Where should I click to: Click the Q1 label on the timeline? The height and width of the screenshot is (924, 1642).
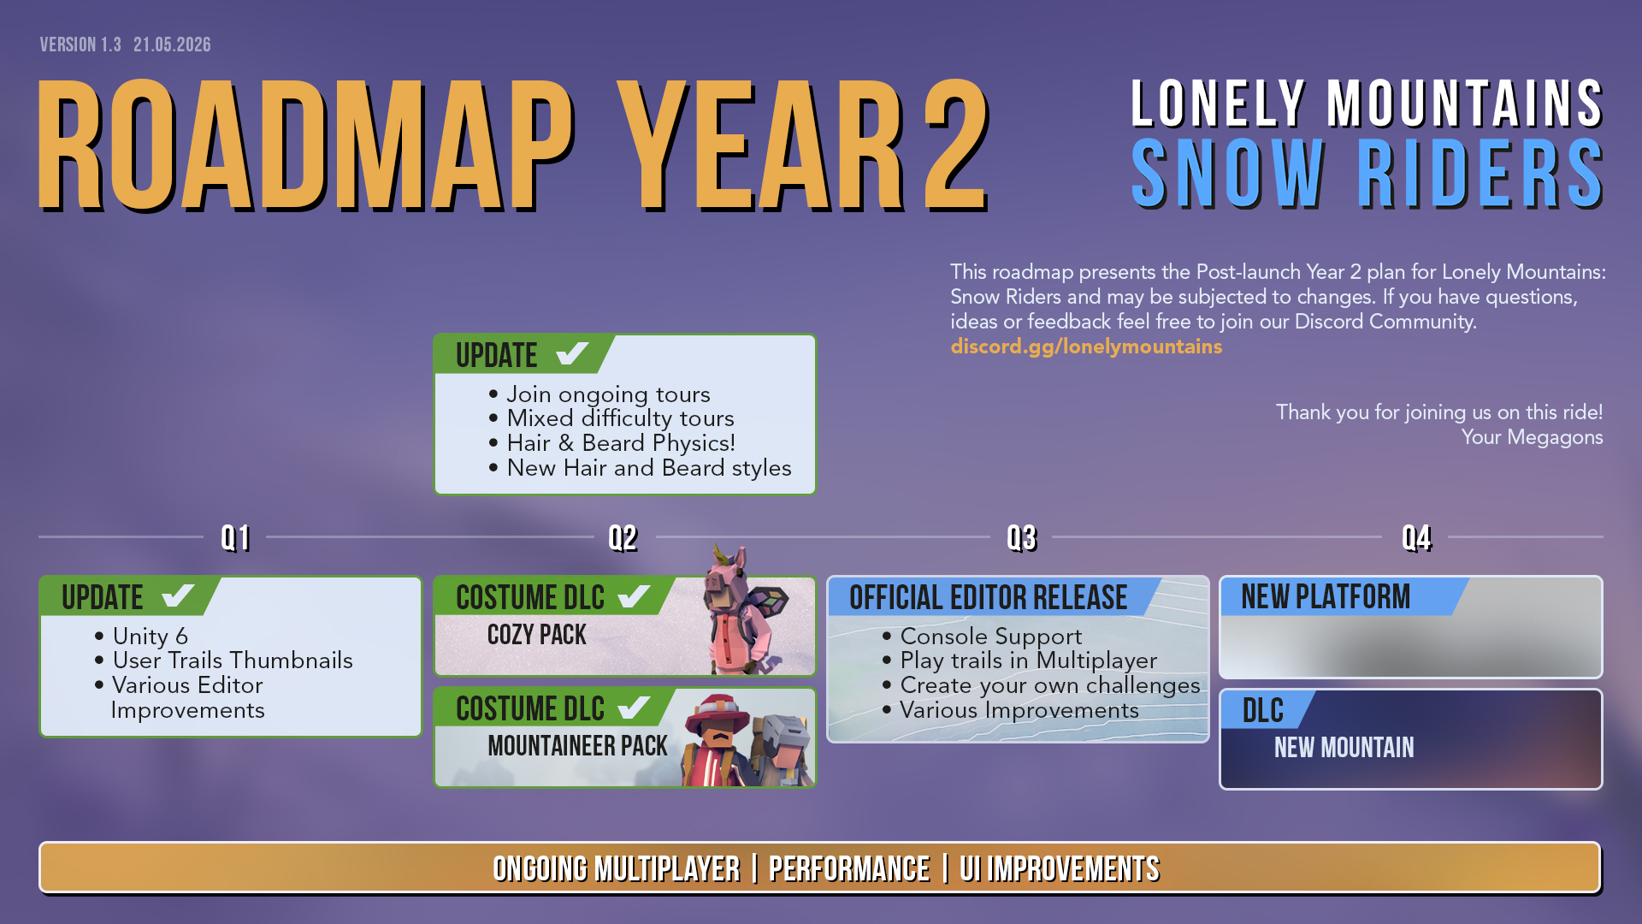(235, 538)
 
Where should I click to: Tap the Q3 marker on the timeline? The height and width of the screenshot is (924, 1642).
(1021, 538)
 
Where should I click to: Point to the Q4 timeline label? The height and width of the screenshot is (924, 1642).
(1416, 538)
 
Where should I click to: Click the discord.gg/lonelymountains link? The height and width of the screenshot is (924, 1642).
(1086, 346)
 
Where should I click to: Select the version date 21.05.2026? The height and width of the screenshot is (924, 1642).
(172, 44)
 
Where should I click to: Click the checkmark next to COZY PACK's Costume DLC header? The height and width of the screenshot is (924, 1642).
(635, 595)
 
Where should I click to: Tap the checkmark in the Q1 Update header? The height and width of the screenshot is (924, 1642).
(178, 595)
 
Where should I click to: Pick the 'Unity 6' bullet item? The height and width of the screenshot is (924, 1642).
(150, 637)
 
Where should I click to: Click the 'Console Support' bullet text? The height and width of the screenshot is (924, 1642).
(991, 637)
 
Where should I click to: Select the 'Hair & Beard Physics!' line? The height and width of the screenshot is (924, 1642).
(621, 443)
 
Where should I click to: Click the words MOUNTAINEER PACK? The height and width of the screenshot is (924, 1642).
(577, 746)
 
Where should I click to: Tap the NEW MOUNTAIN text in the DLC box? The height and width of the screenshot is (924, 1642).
(1344, 748)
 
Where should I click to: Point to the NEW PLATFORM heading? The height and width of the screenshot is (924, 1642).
(1325, 597)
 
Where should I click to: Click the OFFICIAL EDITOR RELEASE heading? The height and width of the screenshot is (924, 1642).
(988, 597)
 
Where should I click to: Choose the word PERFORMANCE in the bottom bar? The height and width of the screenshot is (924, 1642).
(849, 869)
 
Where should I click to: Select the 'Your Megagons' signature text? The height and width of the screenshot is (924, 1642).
(1532, 437)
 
